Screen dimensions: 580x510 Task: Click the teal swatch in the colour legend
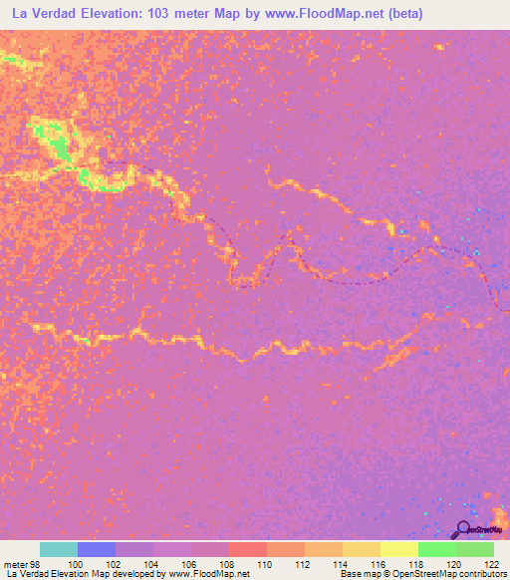click(59, 549)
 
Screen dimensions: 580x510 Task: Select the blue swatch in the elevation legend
click(97, 549)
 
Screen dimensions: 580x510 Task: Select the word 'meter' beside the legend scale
click(16, 563)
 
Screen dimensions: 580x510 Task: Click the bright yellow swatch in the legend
click(399, 549)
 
